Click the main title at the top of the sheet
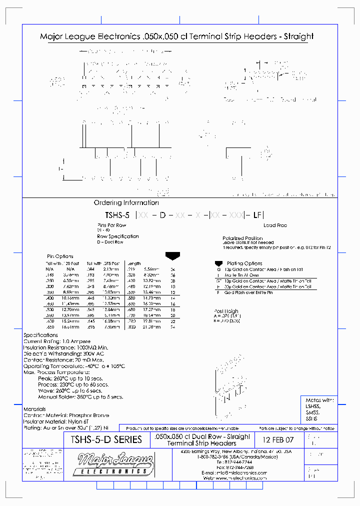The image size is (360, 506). (176, 36)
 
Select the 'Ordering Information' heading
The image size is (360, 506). (126, 203)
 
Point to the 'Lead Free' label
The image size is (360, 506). (275, 225)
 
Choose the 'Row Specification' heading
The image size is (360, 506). (118, 236)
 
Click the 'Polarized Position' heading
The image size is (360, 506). (242, 238)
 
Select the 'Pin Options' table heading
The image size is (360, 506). (60, 256)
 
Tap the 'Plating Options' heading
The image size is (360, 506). (244, 263)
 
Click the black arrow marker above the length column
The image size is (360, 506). (172, 256)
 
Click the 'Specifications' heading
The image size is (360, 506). (41, 335)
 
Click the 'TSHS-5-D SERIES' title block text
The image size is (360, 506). (103, 440)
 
